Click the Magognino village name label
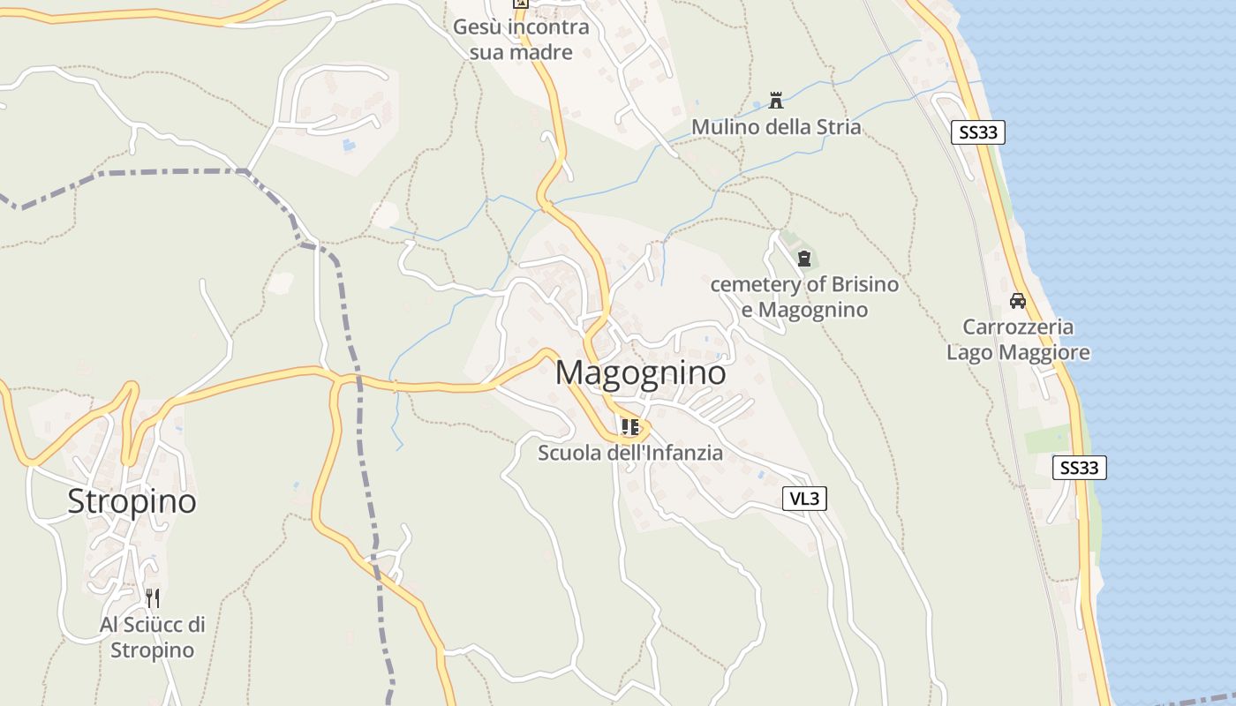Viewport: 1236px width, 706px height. [x=641, y=372]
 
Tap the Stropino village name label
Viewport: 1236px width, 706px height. [x=132, y=501]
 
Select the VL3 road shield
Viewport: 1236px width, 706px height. [x=804, y=499]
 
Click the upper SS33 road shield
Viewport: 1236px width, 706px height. [x=978, y=132]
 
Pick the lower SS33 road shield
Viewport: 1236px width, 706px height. [x=1079, y=468]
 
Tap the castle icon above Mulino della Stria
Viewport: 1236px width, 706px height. [x=776, y=100]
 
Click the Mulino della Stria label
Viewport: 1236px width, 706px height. [x=775, y=127]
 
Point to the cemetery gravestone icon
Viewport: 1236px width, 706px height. [x=803, y=259]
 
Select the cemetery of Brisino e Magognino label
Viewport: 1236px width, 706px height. [x=804, y=297]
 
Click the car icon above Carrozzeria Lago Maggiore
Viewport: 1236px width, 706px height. [x=1018, y=301]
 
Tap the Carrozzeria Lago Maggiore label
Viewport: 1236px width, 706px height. [x=1018, y=340]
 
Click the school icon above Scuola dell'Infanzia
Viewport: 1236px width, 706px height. [x=630, y=427]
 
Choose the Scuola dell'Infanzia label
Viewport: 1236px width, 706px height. [x=630, y=453]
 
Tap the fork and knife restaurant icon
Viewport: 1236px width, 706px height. [x=152, y=598]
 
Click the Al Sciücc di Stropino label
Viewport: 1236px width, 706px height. [x=152, y=637]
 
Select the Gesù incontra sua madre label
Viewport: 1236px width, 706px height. [x=521, y=40]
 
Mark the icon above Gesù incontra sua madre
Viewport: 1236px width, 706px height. [x=521, y=3]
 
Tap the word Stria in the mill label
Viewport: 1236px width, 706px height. [x=839, y=127]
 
